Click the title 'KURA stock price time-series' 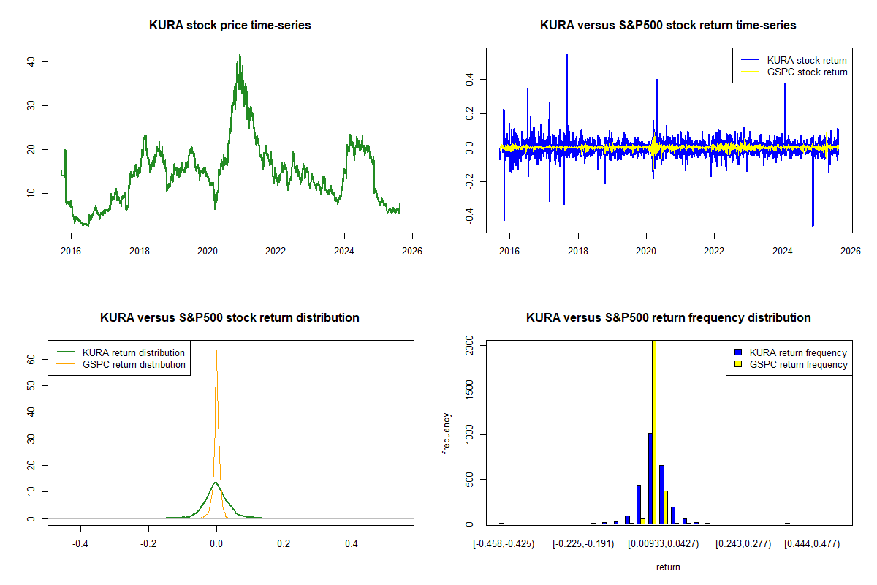229,26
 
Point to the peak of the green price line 239,55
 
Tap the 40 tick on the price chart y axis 33,61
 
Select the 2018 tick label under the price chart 140,250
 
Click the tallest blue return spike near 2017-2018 567,55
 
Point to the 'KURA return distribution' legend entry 134,352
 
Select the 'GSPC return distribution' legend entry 134,364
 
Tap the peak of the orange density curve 216,351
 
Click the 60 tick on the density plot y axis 33,360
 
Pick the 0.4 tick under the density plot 352,543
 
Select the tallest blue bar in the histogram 650,478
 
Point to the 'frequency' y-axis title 447,434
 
